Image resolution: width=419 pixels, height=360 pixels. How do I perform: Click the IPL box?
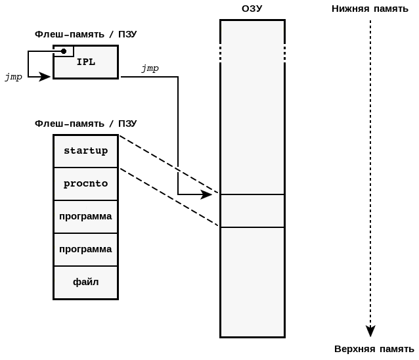(x=86, y=62)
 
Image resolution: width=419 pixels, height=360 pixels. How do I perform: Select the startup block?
(x=85, y=151)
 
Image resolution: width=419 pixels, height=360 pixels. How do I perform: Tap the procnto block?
(x=85, y=184)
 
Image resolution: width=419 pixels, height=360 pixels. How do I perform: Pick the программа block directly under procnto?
(x=85, y=217)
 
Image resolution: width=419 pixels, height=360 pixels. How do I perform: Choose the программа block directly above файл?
(x=85, y=250)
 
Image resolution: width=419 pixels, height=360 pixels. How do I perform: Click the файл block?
(x=85, y=282)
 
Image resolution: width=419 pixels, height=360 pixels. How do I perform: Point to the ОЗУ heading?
(x=252, y=9)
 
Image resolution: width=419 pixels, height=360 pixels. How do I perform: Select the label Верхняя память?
(x=374, y=348)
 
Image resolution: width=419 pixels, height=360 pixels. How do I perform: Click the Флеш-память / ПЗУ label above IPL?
(x=85, y=34)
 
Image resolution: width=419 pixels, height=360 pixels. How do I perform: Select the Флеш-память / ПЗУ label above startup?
(x=85, y=124)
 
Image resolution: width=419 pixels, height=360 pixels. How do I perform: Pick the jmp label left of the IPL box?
(x=14, y=77)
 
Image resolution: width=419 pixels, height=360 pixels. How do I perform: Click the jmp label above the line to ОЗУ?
(x=150, y=68)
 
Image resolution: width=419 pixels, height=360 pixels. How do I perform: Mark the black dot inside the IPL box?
(x=64, y=51)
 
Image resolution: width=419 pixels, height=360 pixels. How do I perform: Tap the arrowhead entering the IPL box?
(x=45, y=77)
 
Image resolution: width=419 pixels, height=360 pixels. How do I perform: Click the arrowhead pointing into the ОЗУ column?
(x=207, y=194)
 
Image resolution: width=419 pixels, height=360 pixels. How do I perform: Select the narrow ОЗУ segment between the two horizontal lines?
(x=252, y=211)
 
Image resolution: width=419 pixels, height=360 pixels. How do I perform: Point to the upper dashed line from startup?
(x=169, y=164)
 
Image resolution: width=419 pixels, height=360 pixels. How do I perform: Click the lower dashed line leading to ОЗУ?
(x=169, y=197)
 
